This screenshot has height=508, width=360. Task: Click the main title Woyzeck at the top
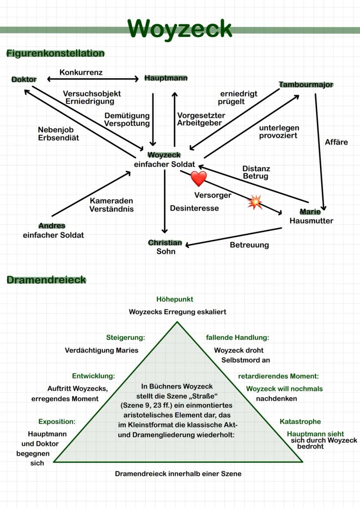[x=180, y=29]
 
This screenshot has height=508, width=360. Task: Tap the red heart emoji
[x=198, y=179]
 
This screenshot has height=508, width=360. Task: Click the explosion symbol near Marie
[x=255, y=202]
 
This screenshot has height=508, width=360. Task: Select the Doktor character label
[x=24, y=80]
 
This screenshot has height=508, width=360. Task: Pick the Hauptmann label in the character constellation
[x=166, y=78]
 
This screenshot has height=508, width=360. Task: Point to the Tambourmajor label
[x=306, y=84]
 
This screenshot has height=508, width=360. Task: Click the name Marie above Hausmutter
[x=310, y=212]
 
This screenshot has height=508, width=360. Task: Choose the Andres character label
[x=52, y=226]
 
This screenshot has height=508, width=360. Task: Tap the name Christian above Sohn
[x=165, y=243]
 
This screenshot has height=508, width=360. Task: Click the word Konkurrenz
[x=81, y=72]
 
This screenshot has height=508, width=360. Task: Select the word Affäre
[x=336, y=142]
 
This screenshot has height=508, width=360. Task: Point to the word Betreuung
[x=249, y=245]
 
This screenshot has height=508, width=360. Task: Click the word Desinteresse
[x=194, y=208]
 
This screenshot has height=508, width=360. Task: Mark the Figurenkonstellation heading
[x=55, y=53]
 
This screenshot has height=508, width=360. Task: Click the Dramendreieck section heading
[x=46, y=280]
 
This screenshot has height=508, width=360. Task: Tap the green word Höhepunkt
[x=175, y=299]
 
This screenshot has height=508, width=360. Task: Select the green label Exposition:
[x=57, y=422]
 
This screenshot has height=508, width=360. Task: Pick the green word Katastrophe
[x=300, y=422]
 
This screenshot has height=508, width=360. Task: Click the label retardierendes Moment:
[x=278, y=376]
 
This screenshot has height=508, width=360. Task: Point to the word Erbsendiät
[x=58, y=138]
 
